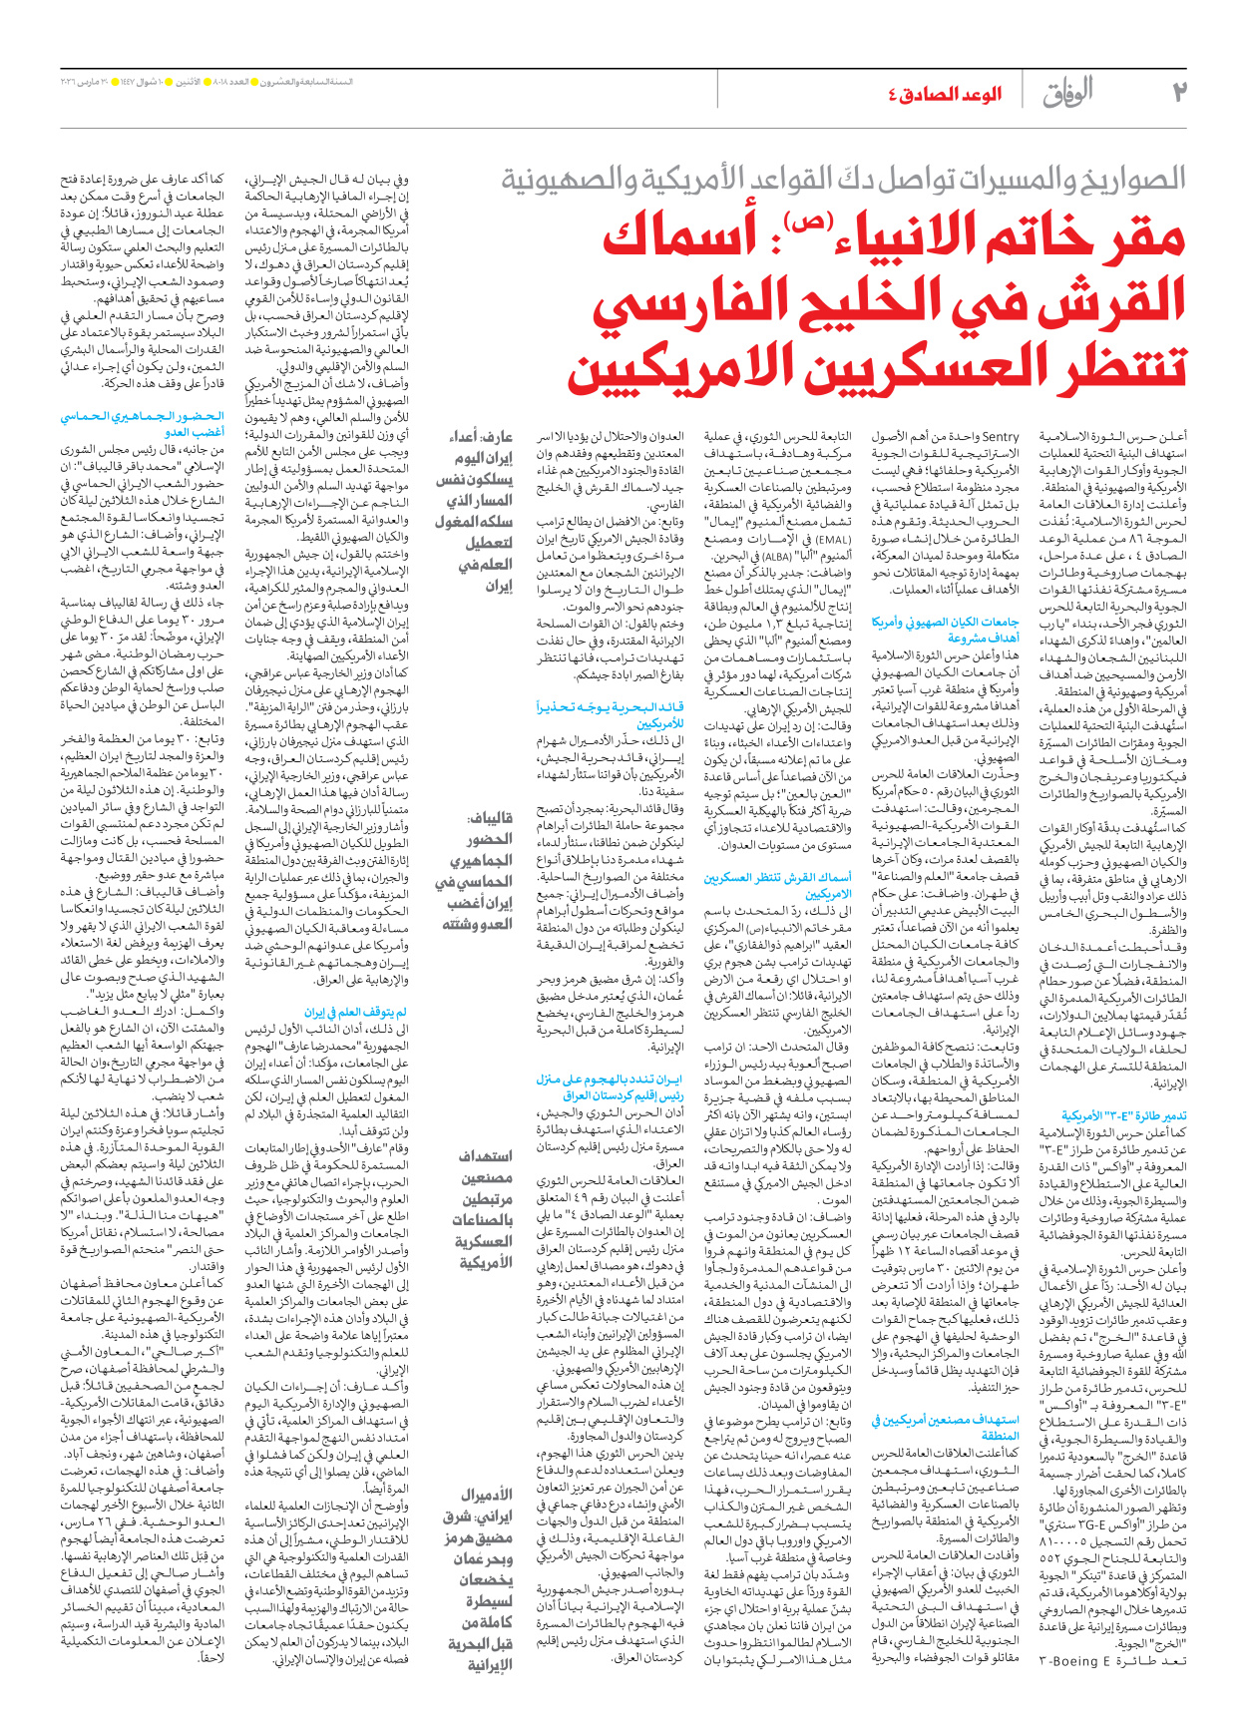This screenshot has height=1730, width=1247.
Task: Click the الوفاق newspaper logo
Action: click(x=1068, y=93)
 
